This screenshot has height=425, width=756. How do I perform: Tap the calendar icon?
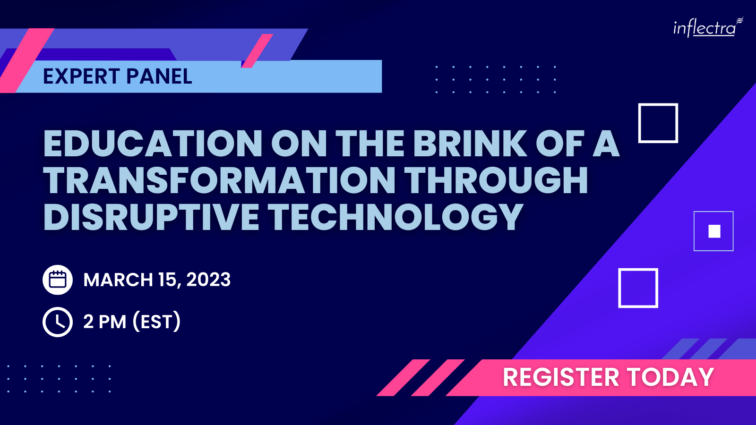57,280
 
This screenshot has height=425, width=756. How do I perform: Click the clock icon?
57,322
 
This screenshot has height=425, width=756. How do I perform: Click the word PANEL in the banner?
159,76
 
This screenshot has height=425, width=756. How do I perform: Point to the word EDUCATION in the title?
153,144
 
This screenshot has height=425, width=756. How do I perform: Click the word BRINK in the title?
470,144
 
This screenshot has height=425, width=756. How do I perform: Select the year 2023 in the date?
208,280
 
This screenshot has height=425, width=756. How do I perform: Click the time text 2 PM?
104,322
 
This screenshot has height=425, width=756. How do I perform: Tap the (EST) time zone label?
156,322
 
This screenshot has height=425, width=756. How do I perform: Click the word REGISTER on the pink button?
561,377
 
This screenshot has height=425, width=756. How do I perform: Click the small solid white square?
714,231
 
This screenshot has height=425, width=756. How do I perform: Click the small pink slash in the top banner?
257,51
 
